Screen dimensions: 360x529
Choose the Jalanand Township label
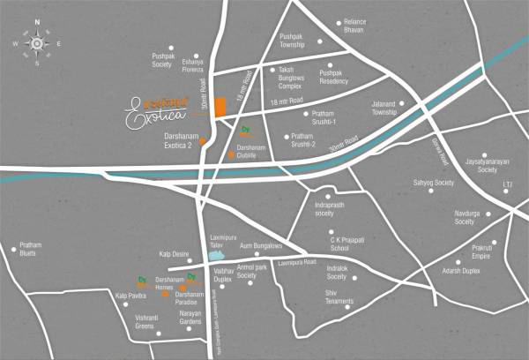(x=385, y=109)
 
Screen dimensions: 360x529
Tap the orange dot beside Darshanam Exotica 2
(x=203, y=140)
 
